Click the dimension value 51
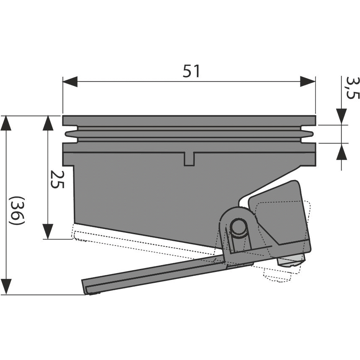191,72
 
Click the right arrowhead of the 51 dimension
307,81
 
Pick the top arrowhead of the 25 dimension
48,124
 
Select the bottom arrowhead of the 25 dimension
48,229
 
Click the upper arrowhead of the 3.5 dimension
342,115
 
